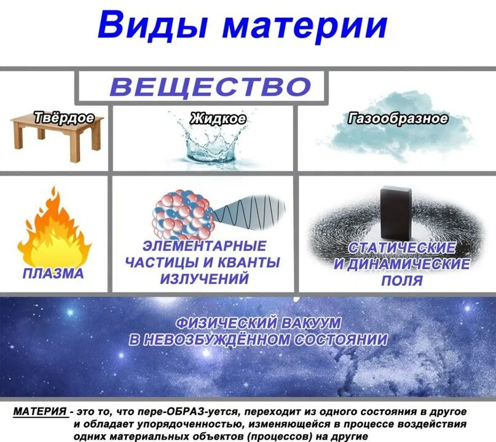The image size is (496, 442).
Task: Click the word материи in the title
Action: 305,26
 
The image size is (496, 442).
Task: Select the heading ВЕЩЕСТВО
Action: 210,86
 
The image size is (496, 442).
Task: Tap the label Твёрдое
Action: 64,117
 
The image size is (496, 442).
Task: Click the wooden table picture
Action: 56,138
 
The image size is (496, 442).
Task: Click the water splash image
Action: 208,144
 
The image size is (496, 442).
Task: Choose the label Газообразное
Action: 398,119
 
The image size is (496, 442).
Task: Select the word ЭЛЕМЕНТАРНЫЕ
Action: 204,247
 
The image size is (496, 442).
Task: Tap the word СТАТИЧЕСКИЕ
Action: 403,249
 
